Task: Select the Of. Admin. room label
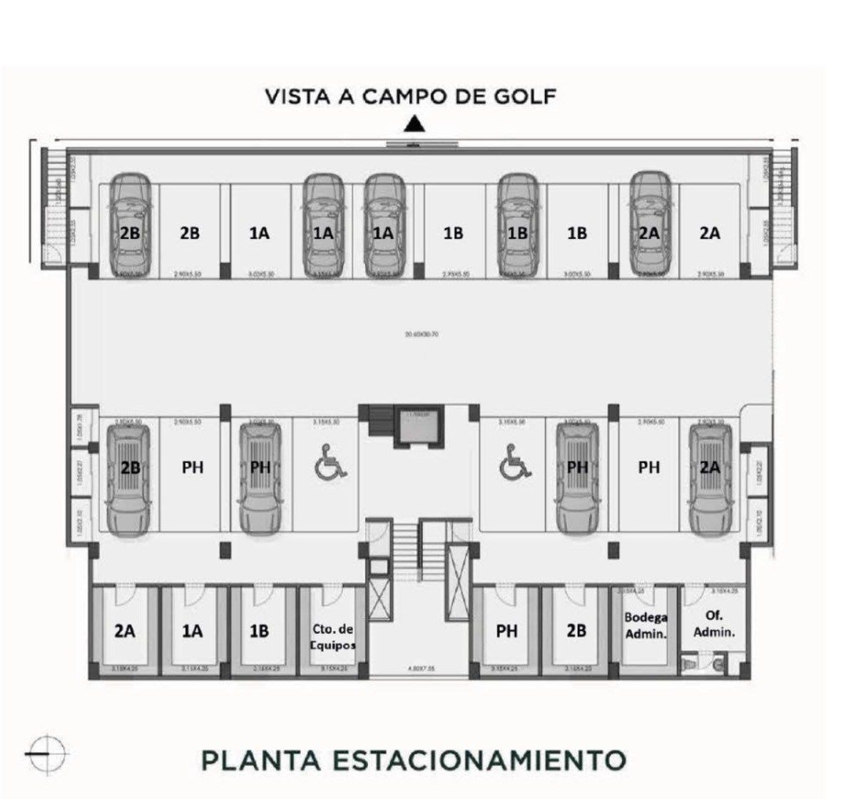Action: click(714, 624)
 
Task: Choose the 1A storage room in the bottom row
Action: click(191, 631)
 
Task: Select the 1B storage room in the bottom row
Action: click(260, 631)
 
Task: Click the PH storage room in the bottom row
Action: click(506, 631)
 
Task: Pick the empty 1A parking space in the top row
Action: click(260, 233)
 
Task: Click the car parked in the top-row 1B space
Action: click(517, 225)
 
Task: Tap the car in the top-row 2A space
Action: click(649, 225)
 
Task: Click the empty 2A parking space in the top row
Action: click(709, 233)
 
